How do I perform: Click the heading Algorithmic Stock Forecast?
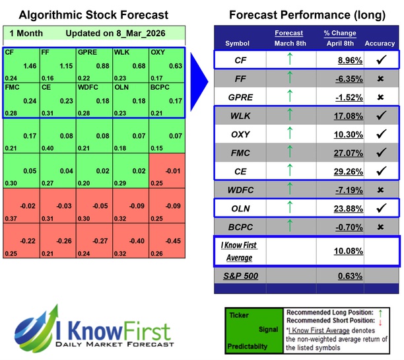click(x=93, y=15)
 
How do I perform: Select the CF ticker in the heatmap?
click(x=9, y=51)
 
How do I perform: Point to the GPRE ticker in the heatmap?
click(x=87, y=51)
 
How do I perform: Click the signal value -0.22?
click(x=28, y=240)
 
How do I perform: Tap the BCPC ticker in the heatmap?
click(x=160, y=87)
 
